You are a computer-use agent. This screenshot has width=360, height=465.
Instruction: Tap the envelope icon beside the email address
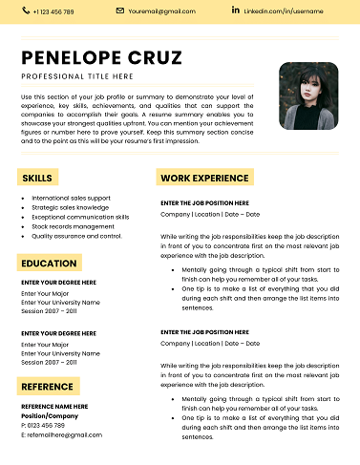tap(120, 11)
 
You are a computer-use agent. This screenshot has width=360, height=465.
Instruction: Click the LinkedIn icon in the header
tap(235, 11)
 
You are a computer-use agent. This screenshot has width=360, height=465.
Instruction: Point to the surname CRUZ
tap(153, 58)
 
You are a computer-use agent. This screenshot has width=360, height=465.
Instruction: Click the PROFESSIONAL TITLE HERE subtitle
tap(77, 75)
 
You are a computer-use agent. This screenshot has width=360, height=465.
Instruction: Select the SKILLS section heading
tap(37, 179)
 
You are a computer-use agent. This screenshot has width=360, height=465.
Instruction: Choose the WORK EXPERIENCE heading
tap(204, 179)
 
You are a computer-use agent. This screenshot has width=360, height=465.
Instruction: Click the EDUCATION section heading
tap(50, 264)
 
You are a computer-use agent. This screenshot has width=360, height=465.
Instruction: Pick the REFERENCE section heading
tap(48, 387)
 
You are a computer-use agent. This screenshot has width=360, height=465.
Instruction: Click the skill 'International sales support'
tap(71, 198)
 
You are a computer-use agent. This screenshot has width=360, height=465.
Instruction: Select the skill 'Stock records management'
tap(73, 226)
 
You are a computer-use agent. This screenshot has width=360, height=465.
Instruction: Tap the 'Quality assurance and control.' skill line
tap(76, 236)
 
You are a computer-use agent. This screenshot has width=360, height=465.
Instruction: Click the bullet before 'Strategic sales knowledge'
tap(22, 207)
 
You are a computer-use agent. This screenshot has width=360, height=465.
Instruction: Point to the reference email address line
tap(61, 434)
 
